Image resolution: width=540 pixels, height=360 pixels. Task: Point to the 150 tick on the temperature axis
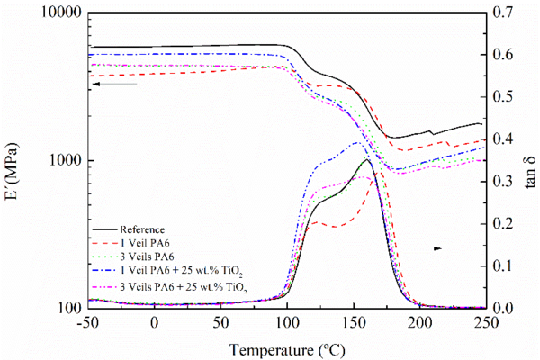click(353, 322)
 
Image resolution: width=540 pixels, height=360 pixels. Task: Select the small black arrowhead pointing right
click(439, 247)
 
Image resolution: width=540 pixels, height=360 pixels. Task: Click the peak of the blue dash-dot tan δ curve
click(357, 143)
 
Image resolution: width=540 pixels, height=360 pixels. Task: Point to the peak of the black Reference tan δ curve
click(366, 160)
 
